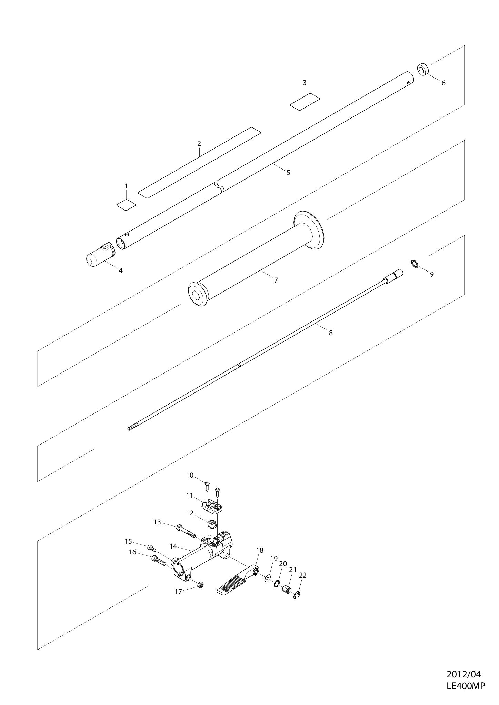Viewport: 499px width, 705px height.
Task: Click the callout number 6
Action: click(x=443, y=83)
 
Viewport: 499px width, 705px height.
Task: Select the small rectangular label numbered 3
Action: click(x=305, y=102)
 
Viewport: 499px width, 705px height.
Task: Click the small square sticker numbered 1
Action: click(x=126, y=205)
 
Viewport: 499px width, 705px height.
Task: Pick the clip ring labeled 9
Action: click(x=414, y=264)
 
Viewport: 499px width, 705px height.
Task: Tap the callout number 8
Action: click(x=331, y=333)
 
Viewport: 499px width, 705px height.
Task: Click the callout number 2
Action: click(x=199, y=143)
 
